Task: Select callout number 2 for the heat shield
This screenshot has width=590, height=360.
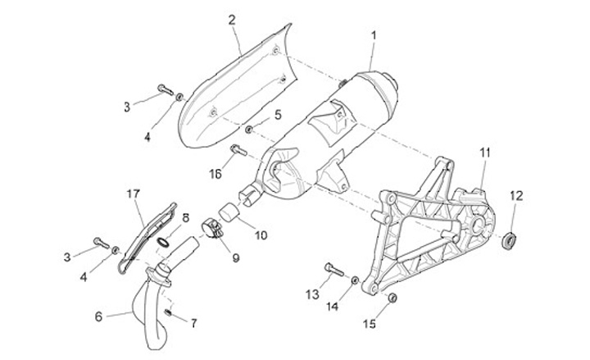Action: (232, 19)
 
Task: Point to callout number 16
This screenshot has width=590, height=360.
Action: (216, 174)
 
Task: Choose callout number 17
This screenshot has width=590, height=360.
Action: (134, 194)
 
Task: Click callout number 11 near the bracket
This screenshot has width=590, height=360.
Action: (484, 153)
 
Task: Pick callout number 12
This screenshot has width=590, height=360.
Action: (515, 195)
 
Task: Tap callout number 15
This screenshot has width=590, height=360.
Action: (369, 324)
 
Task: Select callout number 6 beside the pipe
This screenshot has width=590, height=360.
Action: (99, 315)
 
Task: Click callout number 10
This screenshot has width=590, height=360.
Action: (261, 235)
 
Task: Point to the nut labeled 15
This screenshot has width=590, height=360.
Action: (392, 296)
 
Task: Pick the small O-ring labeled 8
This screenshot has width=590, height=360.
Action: (164, 242)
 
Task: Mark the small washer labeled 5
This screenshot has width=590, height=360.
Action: (248, 130)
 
